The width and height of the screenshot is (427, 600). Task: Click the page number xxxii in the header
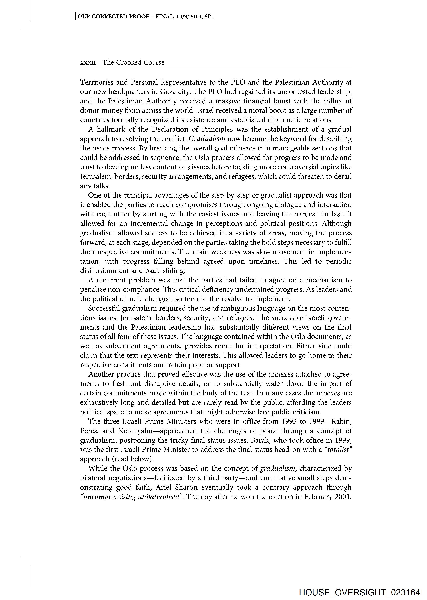point(88,62)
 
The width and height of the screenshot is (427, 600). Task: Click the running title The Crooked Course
point(133,62)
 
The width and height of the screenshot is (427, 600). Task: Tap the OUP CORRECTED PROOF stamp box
point(145,17)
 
